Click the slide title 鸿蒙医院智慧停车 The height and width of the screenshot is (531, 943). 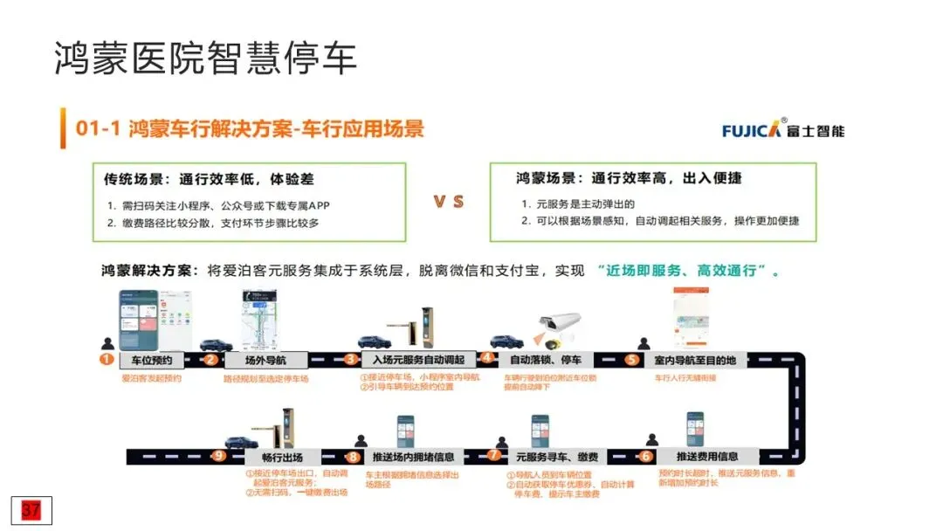tap(206, 59)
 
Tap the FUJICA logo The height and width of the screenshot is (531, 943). tap(782, 130)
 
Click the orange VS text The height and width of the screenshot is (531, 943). tap(449, 202)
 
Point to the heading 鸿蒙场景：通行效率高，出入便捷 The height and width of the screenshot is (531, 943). tap(629, 179)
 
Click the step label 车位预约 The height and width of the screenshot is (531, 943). tap(157, 360)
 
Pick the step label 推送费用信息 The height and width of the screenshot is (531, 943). tap(706, 456)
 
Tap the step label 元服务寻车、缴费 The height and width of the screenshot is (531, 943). tap(556, 456)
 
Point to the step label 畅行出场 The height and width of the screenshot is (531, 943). tap(281, 456)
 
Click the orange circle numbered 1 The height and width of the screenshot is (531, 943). tap(107, 359)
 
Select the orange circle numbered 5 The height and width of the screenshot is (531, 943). tap(632, 359)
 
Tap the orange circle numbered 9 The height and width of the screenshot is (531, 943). tap(218, 455)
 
